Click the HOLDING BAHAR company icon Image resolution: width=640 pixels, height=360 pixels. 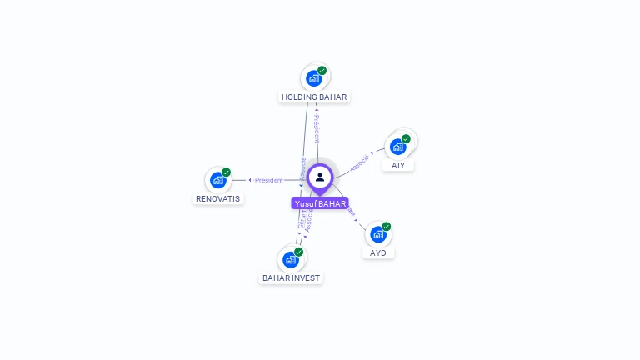(314, 79)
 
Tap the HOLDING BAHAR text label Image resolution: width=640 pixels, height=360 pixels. (314, 97)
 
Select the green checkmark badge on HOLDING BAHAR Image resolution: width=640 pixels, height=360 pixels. (322, 71)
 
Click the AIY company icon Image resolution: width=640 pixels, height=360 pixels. (398, 147)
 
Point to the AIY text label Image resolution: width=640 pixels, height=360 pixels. (398, 165)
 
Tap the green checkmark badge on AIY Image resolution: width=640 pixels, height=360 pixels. (406, 139)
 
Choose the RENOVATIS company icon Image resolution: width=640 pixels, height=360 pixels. (218, 180)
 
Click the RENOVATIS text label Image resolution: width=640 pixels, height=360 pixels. (218, 198)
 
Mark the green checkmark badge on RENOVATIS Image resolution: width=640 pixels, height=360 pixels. (226, 172)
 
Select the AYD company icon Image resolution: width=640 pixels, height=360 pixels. (378, 234)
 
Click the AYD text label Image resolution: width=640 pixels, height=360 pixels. (378, 252)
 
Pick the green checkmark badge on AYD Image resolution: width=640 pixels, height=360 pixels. (386, 227)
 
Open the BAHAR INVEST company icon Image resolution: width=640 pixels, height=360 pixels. (291, 259)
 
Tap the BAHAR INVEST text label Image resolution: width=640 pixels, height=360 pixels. (291, 277)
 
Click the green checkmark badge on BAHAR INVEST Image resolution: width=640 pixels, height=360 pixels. (298, 252)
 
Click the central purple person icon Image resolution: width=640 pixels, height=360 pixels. (320, 177)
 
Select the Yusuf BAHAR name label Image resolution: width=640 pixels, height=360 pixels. (320, 203)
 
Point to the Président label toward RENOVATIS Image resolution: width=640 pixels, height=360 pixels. (269, 180)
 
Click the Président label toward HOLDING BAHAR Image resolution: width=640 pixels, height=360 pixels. (317, 128)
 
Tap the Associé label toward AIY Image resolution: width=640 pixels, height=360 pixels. (359, 161)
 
